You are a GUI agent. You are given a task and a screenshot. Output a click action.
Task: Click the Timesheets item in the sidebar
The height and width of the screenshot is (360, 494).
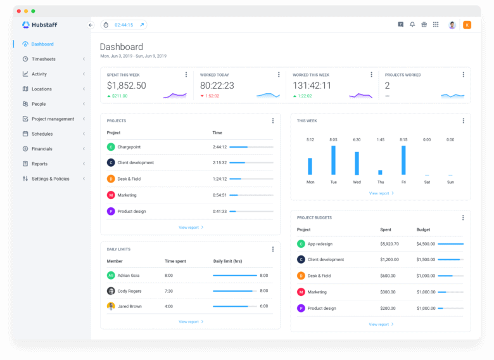point(43,59)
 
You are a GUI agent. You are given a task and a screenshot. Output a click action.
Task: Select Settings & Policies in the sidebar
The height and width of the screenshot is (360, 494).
point(50,179)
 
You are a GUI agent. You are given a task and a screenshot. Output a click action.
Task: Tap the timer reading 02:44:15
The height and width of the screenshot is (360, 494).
point(123,25)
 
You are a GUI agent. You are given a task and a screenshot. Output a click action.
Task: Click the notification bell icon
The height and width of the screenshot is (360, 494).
point(412,25)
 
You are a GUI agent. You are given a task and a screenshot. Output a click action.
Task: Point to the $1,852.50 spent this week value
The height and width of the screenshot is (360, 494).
point(127,86)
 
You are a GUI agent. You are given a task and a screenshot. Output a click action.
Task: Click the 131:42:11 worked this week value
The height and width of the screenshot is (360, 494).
point(312,86)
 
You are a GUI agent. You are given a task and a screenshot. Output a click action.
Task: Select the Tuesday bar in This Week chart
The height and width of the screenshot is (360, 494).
point(333,160)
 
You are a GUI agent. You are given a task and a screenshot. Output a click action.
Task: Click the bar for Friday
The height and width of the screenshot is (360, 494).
point(403,160)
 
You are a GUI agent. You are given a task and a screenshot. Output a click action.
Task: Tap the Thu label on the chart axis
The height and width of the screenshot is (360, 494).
point(380,182)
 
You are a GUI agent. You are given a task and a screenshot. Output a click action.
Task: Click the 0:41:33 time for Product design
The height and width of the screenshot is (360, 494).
point(219,211)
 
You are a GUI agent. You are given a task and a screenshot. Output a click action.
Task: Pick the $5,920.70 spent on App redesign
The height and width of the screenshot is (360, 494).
point(390,243)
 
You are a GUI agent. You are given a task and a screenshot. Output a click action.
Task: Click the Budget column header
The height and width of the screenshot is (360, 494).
point(423,229)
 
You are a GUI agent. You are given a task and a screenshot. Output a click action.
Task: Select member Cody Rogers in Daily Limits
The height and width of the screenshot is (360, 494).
point(130,291)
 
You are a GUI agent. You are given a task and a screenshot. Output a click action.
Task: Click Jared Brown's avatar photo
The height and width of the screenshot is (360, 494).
point(111,306)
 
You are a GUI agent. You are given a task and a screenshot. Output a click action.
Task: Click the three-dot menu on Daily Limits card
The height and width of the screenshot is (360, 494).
point(273,249)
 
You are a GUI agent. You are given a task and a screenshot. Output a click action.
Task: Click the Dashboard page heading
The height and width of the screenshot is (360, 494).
point(122,47)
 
